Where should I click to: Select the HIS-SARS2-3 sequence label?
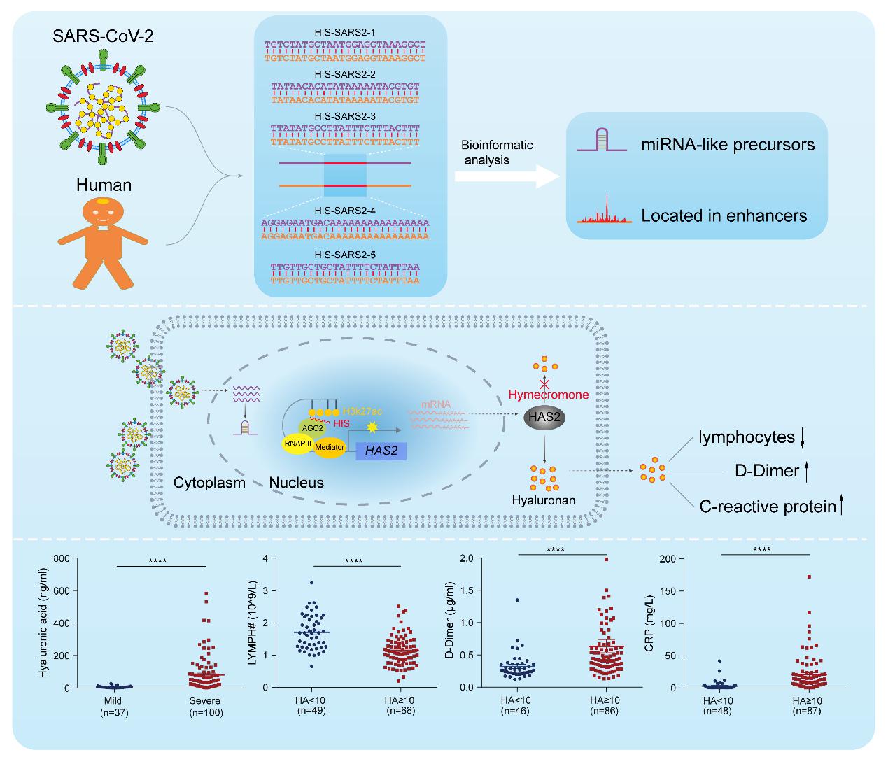pos(345,115)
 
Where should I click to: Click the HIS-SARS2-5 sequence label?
pos(345,255)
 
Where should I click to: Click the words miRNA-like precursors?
pos(728,145)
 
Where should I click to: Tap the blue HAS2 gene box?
pos(381,451)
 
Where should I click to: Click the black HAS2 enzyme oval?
pos(545,417)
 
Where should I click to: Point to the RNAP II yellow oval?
pos(297,444)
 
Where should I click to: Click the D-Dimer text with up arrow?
pos(771,471)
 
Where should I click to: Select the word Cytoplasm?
pos(209,483)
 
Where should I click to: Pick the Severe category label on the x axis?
pos(205,700)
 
